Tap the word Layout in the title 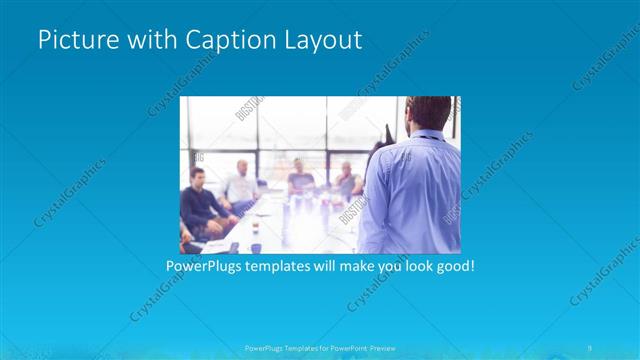point(319,41)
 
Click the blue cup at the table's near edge point(256,246)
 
